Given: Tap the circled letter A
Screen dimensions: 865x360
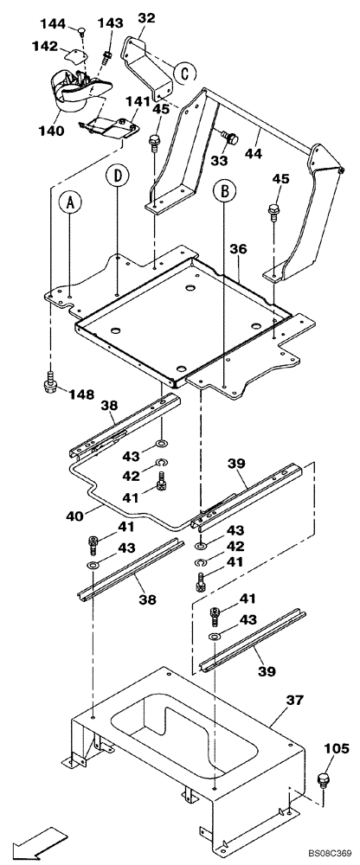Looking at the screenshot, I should pyautogui.click(x=70, y=205).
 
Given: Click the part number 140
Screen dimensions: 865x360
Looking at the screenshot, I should pyautogui.click(x=49, y=131).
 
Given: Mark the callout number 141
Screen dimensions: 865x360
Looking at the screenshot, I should pyautogui.click(x=137, y=101).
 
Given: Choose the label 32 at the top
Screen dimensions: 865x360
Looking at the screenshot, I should pyautogui.click(x=146, y=16).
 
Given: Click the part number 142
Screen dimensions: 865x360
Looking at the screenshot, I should pyautogui.click(x=45, y=45).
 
